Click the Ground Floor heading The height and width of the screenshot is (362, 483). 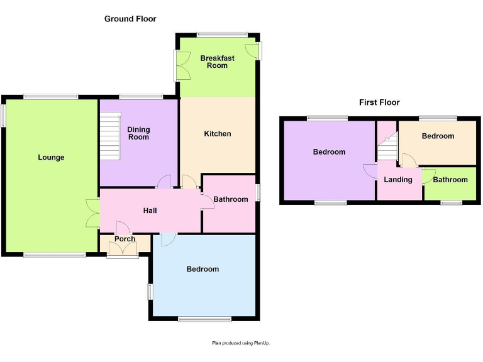[x=130, y=19]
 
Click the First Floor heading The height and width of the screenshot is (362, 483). [x=379, y=102]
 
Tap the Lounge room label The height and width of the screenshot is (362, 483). [x=51, y=157]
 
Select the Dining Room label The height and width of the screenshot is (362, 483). [x=138, y=133]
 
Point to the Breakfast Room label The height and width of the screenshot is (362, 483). [x=218, y=62]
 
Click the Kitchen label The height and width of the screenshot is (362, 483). [x=218, y=134]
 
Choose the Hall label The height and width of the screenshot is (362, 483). [x=150, y=211]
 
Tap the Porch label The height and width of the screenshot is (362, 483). [x=125, y=239]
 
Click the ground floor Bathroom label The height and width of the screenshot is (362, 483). [x=230, y=199]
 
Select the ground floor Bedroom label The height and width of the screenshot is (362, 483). [x=203, y=269]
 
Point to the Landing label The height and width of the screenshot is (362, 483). [x=398, y=180]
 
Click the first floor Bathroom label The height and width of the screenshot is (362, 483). [x=450, y=180]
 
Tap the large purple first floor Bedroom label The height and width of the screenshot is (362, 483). [x=329, y=152]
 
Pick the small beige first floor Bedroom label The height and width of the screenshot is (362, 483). [x=438, y=136]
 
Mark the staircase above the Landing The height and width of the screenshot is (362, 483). [x=387, y=148]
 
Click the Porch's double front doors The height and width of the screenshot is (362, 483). [x=123, y=250]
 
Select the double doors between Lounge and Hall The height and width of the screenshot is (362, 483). [x=93, y=212]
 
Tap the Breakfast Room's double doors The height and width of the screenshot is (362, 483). [x=183, y=65]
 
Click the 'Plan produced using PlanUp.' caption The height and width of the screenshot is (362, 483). [x=241, y=343]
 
